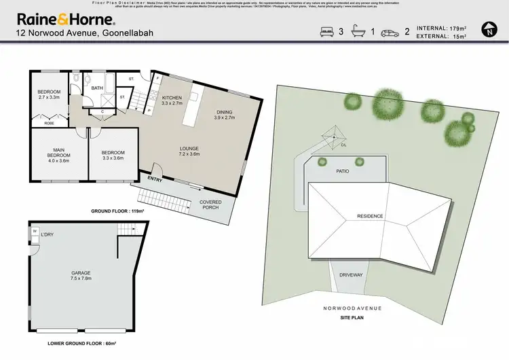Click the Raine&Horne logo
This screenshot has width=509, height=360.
64,18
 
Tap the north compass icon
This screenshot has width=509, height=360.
489,30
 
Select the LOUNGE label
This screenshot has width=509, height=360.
189,151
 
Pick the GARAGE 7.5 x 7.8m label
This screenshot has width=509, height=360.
81,275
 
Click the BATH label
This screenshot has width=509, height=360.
97,88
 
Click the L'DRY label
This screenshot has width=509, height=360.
47,235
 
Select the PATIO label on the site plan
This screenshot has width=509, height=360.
343,171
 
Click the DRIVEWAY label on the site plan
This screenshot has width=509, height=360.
351,275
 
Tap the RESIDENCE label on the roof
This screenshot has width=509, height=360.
371,216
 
